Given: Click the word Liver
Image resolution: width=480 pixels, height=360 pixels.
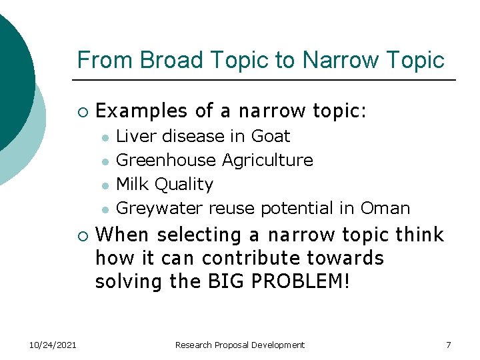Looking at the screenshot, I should [x=133, y=136].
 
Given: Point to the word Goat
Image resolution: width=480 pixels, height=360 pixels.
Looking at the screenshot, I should [x=270, y=136].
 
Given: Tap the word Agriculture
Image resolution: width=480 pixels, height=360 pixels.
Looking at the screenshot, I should [x=267, y=160].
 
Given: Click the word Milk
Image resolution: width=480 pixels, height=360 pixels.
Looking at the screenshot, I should [x=131, y=184].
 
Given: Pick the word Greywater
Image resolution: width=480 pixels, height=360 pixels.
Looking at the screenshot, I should [x=159, y=208].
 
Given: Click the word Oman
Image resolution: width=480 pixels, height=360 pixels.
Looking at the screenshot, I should [x=385, y=208].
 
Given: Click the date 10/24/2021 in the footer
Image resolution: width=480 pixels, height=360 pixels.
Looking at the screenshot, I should [x=53, y=345].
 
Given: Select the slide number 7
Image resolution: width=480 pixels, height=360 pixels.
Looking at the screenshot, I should [x=448, y=345].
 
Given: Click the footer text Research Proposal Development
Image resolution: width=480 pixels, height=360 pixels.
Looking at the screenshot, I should [x=239, y=345].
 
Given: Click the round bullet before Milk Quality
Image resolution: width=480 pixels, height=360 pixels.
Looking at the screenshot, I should [x=105, y=185].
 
